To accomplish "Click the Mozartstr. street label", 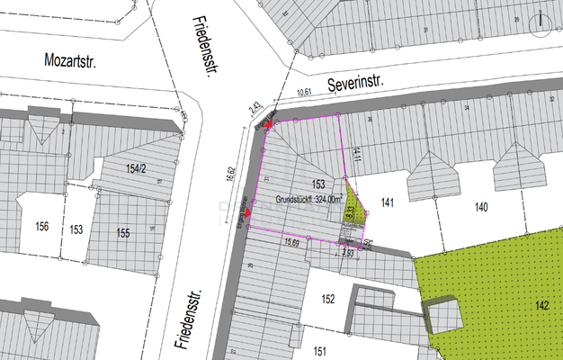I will pos(69,60).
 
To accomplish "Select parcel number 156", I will pos(41,227).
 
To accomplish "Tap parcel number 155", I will pos(123,233).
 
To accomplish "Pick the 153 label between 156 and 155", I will pos(76,230).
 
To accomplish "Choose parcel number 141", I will pos(388,202).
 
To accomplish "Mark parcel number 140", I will pos(482,207).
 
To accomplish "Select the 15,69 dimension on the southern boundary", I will pos(291,241).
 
